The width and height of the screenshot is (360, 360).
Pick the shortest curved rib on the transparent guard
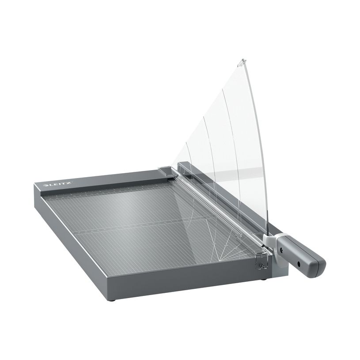188,155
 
